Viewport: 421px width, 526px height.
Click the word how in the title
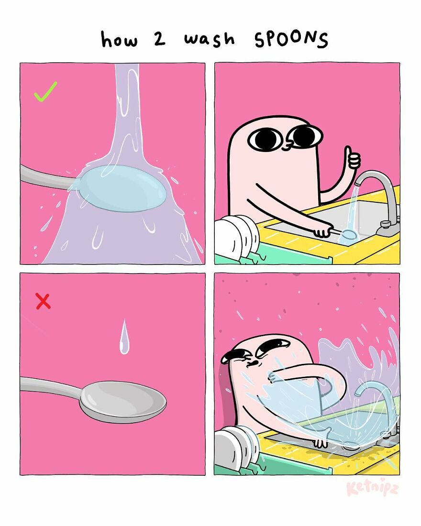(x=119, y=39)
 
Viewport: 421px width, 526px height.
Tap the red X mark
(x=43, y=301)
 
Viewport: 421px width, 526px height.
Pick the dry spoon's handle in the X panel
(x=48, y=385)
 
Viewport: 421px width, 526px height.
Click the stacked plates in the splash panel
(x=237, y=447)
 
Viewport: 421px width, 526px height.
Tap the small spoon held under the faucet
(x=347, y=234)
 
